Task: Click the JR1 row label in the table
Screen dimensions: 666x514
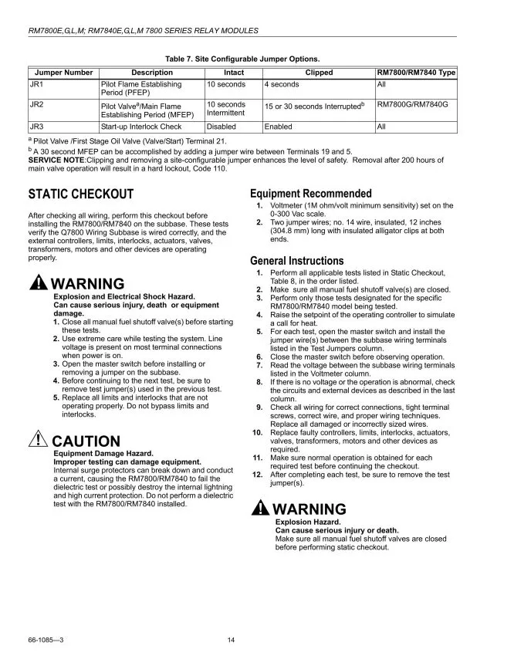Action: point(36,84)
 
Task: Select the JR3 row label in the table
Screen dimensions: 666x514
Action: point(36,126)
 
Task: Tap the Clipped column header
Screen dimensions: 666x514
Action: point(319,73)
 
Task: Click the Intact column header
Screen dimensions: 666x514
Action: point(233,73)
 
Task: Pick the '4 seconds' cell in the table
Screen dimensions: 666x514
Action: point(282,84)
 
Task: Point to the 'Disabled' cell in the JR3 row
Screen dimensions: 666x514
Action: point(221,126)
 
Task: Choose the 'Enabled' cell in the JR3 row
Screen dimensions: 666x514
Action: point(279,126)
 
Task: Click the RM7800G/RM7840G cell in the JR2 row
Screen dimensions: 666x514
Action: point(412,104)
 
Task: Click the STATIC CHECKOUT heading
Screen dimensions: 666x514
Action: point(81,194)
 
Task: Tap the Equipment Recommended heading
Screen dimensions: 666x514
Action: point(310,194)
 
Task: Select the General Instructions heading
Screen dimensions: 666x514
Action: point(297,261)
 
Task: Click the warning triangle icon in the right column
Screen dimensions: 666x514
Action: point(261,509)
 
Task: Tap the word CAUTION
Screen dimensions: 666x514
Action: point(86,442)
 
